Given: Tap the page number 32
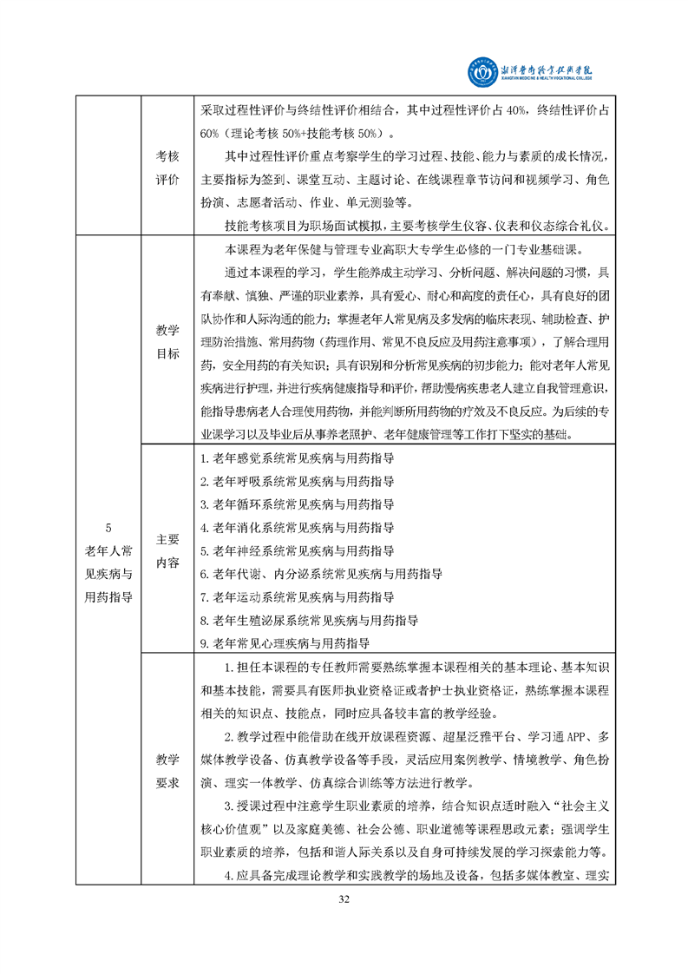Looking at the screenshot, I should click(x=344, y=897).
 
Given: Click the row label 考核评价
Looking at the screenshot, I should click(x=167, y=167).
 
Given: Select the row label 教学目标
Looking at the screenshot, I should click(x=167, y=342).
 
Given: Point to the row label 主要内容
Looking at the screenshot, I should click(x=167, y=550).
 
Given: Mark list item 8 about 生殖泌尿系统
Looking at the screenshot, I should click(x=309, y=621).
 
